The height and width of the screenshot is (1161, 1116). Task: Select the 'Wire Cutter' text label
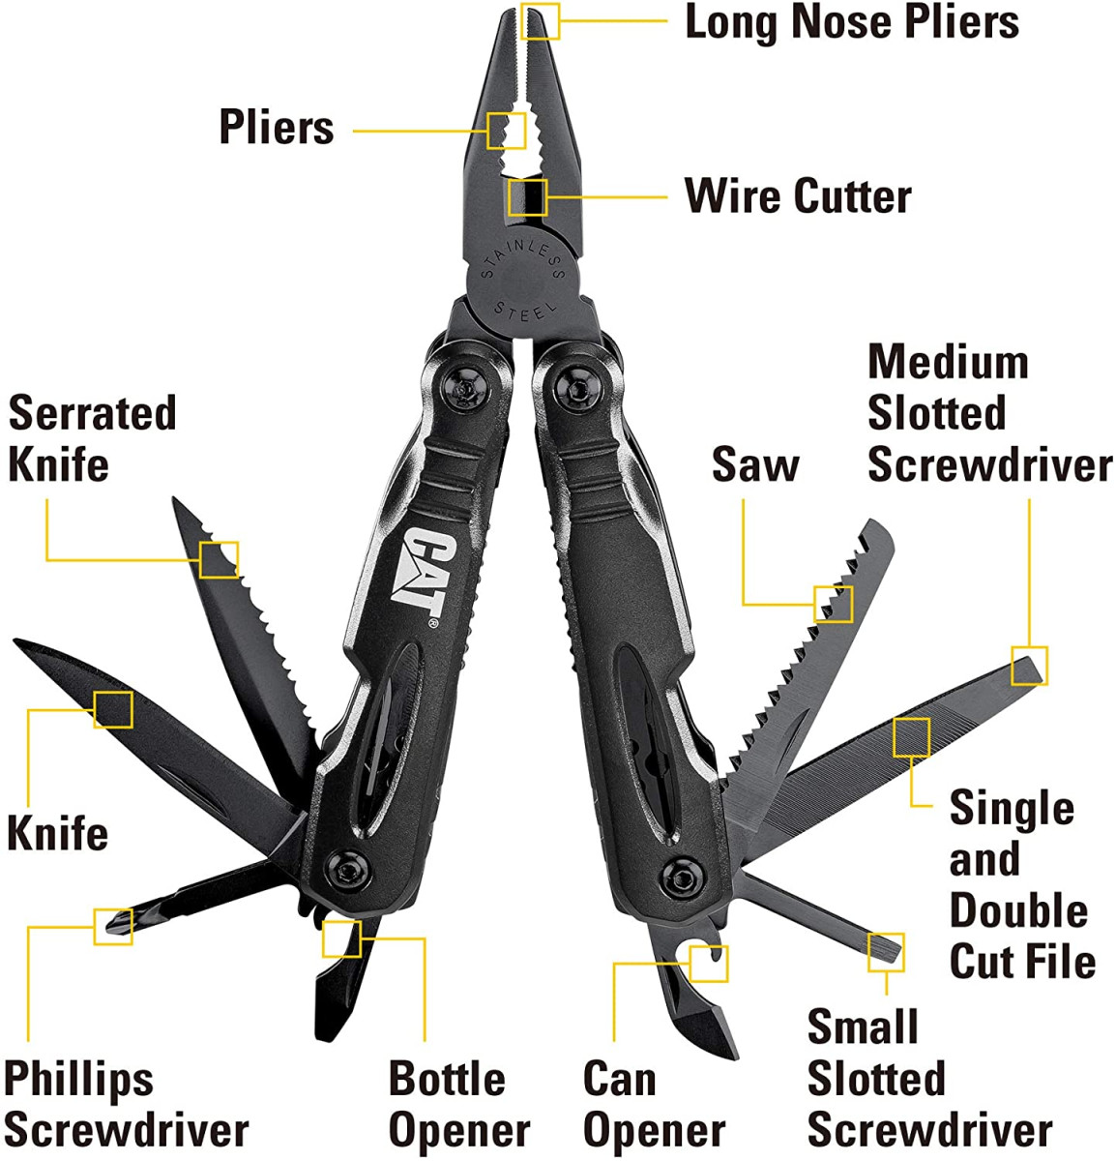pos(798,196)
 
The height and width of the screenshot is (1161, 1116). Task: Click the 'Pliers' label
pos(277,128)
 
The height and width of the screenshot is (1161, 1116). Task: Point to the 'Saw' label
pos(755,463)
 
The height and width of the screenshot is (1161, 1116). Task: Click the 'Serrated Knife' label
pos(92,438)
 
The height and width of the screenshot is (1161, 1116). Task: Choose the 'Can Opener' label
pos(654,1104)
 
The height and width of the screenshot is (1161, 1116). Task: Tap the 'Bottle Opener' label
pos(459,1104)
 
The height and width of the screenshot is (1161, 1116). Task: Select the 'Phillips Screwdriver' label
pos(126,1104)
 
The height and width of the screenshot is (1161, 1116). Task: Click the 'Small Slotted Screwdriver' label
pos(928,1078)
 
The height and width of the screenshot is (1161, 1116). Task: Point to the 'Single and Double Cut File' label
pos(1021,884)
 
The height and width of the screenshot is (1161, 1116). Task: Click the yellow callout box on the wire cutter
pos(527,197)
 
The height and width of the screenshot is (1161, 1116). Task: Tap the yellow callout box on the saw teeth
pos(833,604)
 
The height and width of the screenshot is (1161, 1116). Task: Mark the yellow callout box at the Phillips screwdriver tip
pos(113,926)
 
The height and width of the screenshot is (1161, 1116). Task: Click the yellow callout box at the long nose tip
pos(540,21)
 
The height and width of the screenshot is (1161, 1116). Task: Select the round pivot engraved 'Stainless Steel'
pos(523,281)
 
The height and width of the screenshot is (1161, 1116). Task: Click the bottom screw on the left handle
pos(347,867)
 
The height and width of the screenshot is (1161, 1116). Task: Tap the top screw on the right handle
pos(576,389)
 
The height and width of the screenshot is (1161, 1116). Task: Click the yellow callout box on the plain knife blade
pos(112,709)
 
